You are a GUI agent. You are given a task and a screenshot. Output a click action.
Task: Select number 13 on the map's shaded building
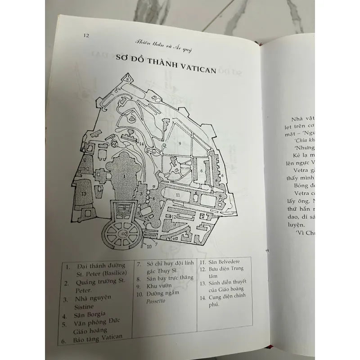[x=84, y=193]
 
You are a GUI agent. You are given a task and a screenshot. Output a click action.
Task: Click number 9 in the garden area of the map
[x=179, y=143]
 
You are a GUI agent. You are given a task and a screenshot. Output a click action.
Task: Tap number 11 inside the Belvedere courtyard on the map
[x=178, y=195]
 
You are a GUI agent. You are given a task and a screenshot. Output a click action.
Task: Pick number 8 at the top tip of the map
[x=128, y=77]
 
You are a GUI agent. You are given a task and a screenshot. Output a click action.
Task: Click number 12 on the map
[x=173, y=217]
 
